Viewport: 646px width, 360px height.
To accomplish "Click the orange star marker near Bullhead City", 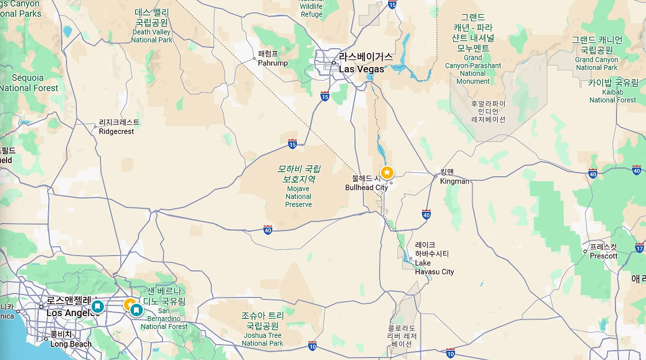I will [387, 173].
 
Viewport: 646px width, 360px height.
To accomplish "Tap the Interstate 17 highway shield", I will [639, 248].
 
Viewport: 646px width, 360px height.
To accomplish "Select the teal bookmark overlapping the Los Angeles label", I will [97, 306].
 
